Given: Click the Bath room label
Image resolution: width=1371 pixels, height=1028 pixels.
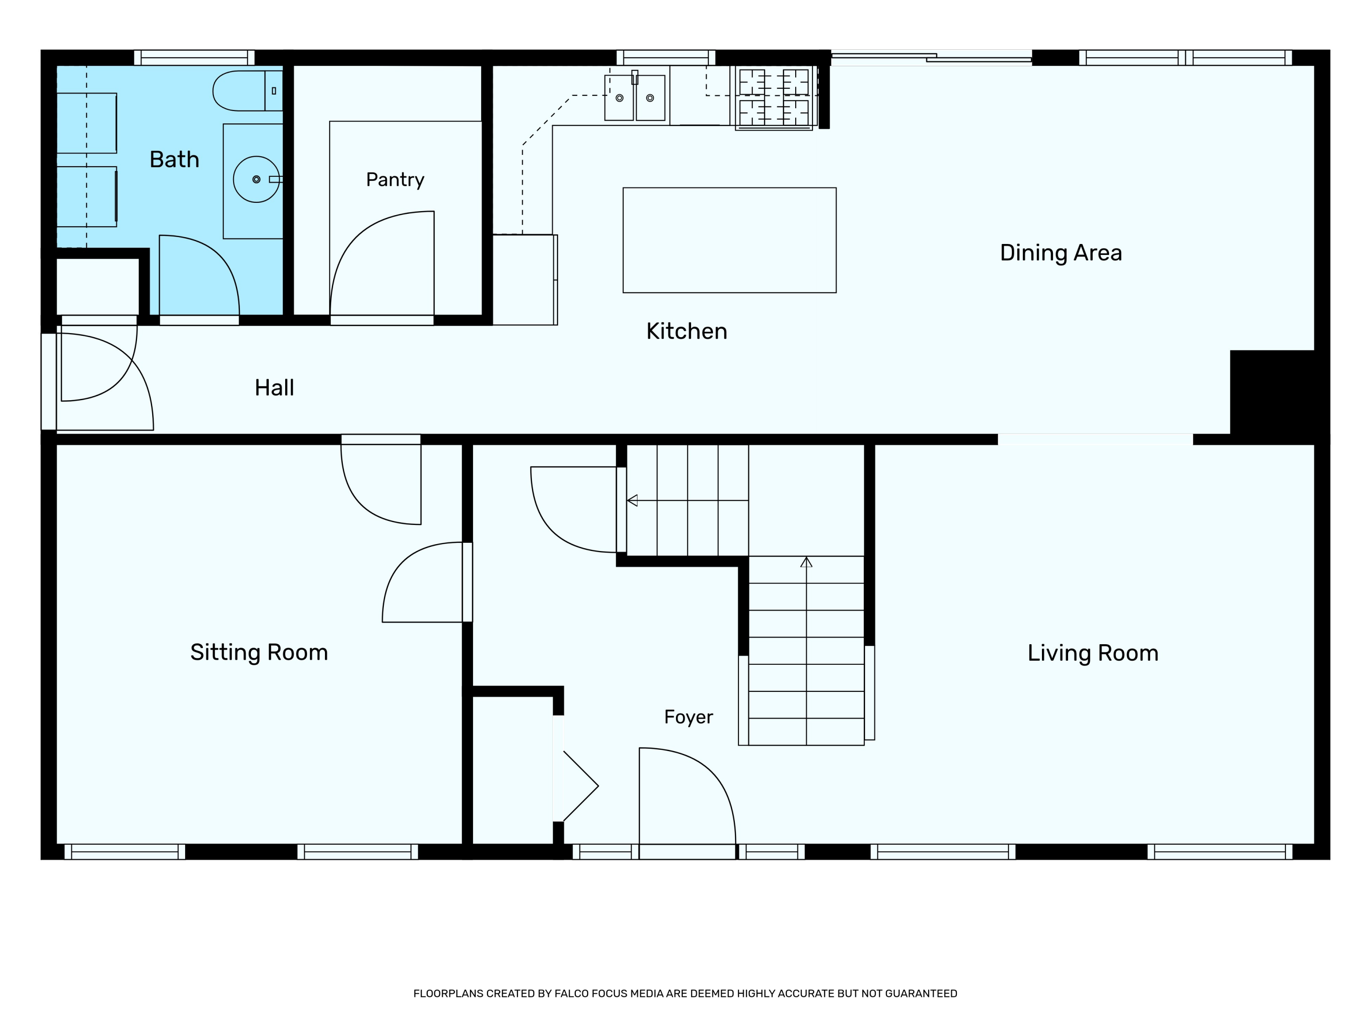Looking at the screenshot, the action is (x=174, y=160).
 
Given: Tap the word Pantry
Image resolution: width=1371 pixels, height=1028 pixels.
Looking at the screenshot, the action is (x=395, y=180).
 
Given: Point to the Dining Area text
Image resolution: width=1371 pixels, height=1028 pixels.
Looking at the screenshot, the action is (x=1061, y=253).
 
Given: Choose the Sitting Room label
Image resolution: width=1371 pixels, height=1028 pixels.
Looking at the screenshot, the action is (x=259, y=652).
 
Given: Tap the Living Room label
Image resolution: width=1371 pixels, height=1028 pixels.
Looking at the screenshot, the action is (x=1093, y=653).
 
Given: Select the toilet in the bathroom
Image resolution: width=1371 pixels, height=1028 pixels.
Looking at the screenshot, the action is (x=248, y=90).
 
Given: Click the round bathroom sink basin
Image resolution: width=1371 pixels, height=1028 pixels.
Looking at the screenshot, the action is (x=256, y=179).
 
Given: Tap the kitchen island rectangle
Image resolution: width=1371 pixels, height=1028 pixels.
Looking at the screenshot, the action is (x=729, y=240).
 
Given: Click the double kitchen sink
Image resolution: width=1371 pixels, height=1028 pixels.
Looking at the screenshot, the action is (x=635, y=97).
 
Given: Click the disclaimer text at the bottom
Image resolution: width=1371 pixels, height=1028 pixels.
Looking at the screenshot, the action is (x=685, y=993).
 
